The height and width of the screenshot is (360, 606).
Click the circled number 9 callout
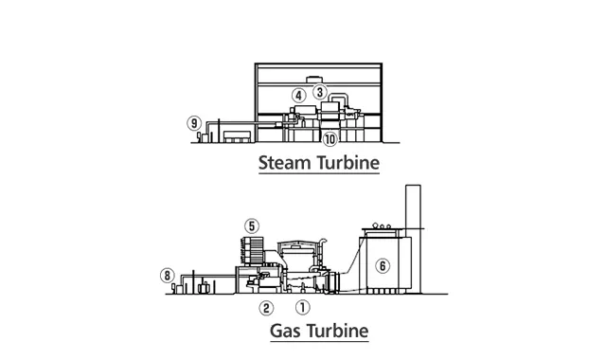click(x=194, y=123)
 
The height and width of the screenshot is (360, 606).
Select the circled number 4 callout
click(x=298, y=95)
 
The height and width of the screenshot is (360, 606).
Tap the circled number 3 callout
click(x=320, y=92)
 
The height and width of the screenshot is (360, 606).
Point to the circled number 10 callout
click(x=330, y=139)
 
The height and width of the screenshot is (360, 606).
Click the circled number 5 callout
click(x=252, y=226)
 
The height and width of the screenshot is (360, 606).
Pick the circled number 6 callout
click(x=383, y=265)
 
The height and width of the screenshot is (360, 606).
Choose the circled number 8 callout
click(x=168, y=276)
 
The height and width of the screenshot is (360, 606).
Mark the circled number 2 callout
click(x=266, y=308)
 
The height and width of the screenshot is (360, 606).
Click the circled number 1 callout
click(x=303, y=307)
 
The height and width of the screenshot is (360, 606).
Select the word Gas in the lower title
click(x=286, y=331)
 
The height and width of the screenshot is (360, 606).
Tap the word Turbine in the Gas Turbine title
click(x=338, y=331)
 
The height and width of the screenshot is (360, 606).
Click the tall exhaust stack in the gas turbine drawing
click(x=413, y=239)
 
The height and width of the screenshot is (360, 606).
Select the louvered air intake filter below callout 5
click(x=253, y=250)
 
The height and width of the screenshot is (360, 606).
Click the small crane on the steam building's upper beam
click(x=312, y=80)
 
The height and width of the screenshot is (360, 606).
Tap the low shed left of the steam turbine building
click(x=238, y=136)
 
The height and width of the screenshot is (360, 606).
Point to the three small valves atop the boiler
click(x=382, y=225)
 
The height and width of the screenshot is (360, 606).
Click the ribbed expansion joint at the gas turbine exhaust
click(x=332, y=281)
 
